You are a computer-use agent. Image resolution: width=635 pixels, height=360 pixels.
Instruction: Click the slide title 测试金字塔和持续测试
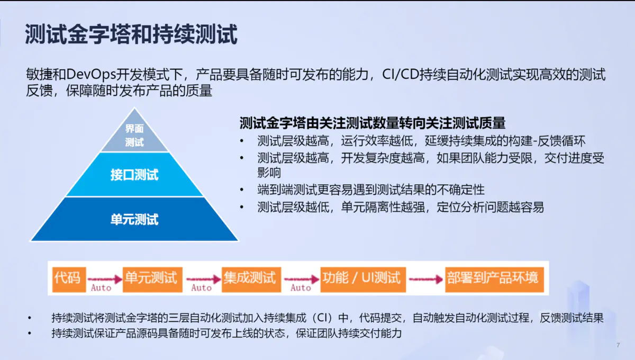tap(131, 34)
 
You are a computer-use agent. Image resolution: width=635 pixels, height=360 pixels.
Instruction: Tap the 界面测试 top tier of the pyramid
tap(134, 135)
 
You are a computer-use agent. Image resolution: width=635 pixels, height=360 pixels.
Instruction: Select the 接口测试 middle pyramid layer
tap(134, 175)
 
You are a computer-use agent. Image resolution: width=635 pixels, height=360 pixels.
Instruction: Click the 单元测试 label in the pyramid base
tap(134, 219)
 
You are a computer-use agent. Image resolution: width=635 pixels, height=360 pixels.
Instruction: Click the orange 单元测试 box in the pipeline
tap(152, 277)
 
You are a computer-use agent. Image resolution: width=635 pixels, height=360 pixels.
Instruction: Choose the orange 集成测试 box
tap(250, 277)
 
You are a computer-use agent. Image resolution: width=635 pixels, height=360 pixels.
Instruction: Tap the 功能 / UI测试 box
tap(364, 277)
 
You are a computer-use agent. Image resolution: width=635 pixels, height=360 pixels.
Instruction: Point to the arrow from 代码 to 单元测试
tap(104, 278)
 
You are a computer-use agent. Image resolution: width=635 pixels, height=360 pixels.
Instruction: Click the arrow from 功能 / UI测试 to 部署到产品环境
tap(425, 278)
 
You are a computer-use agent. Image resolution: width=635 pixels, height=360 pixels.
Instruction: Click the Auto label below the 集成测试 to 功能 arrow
tap(301, 287)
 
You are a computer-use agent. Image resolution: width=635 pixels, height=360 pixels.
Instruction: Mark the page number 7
tap(618, 345)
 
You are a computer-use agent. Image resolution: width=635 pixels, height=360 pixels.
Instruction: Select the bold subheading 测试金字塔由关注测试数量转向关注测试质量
tap(373, 123)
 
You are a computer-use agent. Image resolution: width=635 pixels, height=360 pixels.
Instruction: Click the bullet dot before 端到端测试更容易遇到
tap(242, 190)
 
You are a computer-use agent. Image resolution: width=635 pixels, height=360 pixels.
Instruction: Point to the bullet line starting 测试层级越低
tap(400, 207)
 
